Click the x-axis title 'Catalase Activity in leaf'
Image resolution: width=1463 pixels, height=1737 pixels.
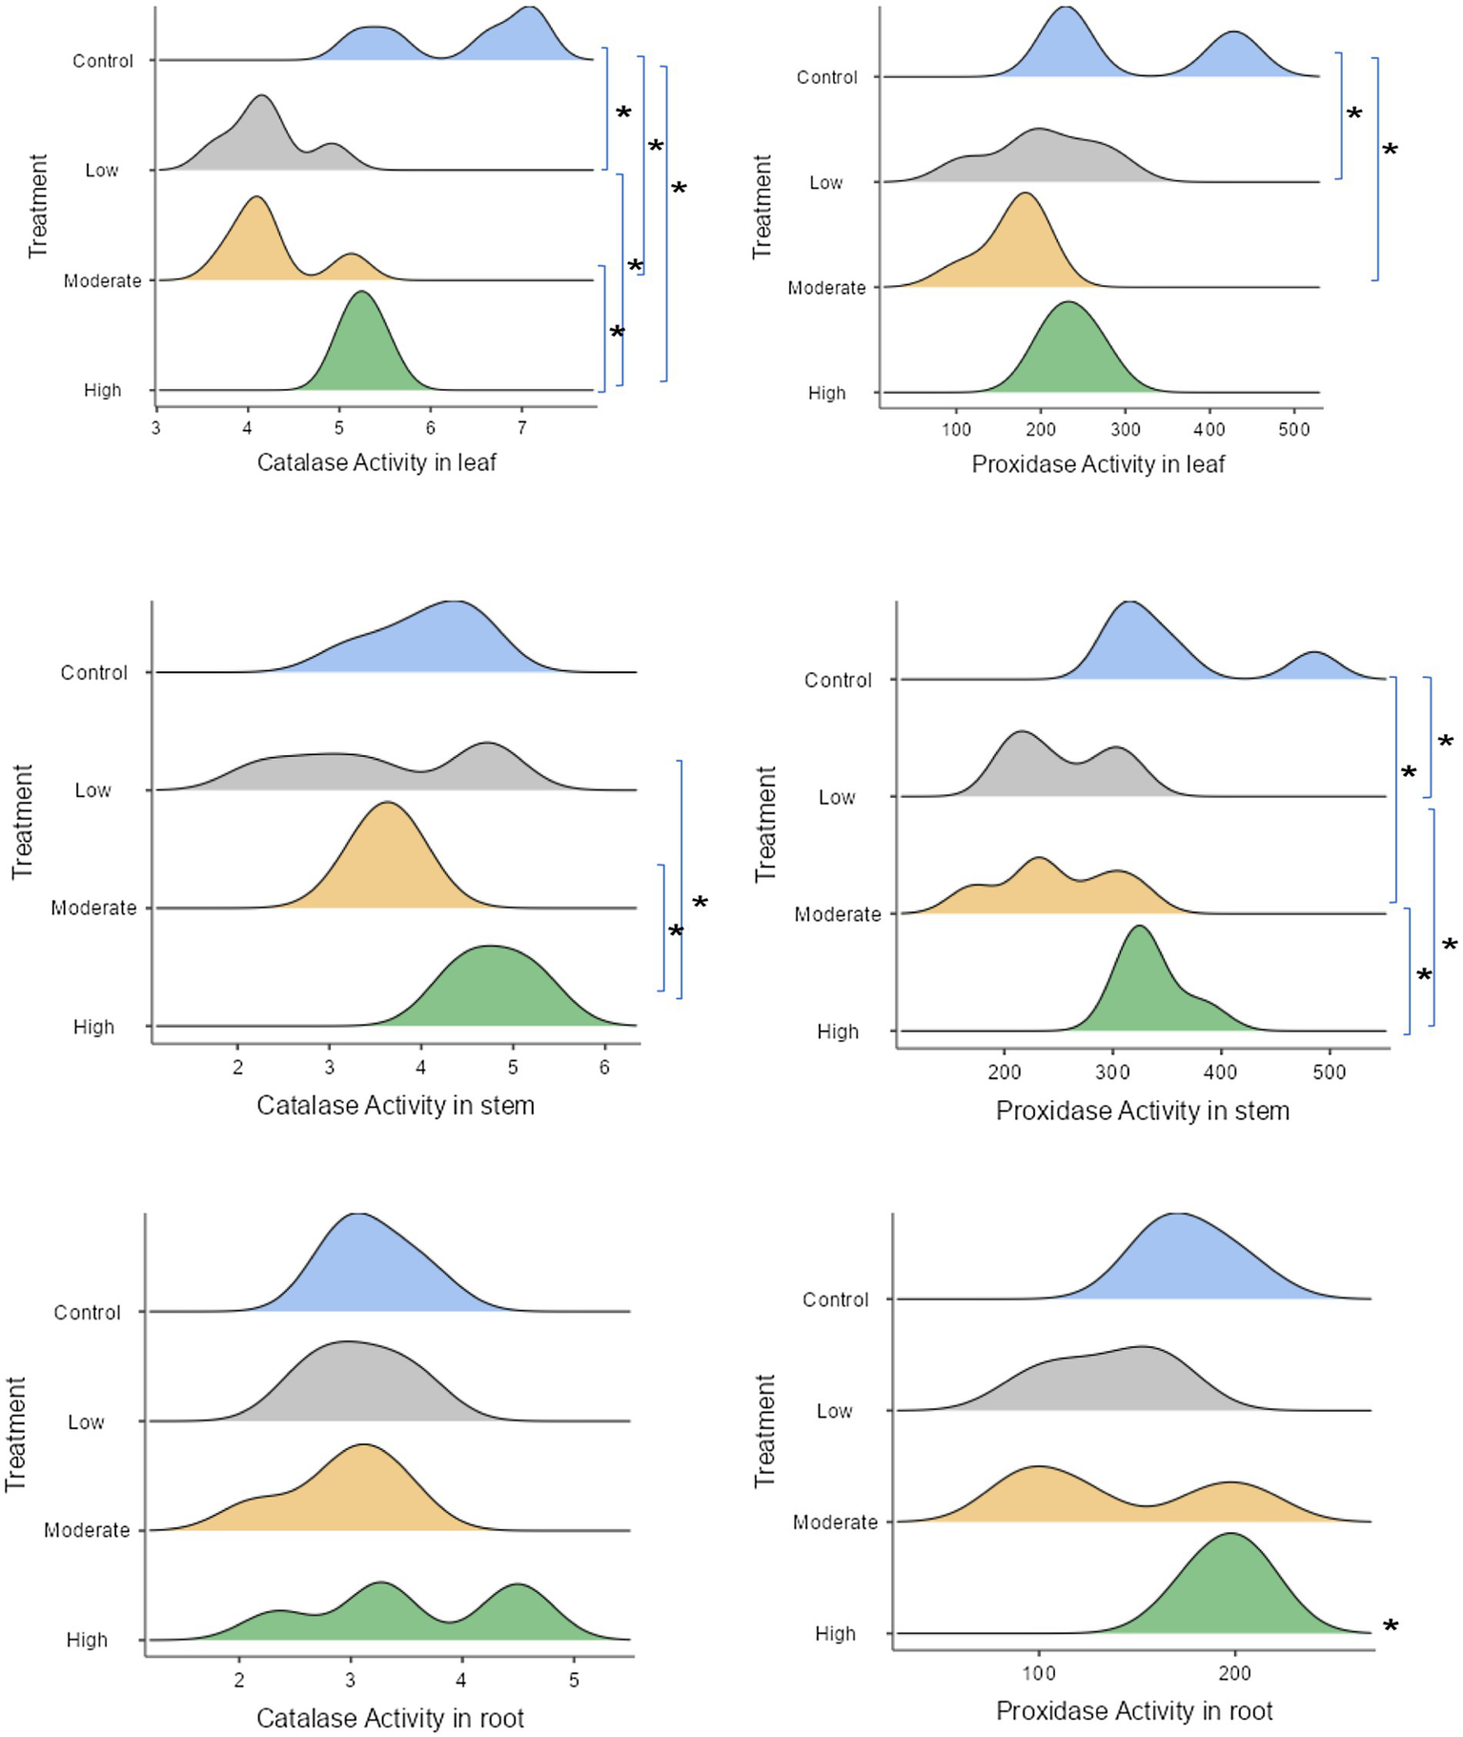tap(376, 462)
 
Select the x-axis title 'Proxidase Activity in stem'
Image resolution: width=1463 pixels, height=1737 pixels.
tap(1142, 1111)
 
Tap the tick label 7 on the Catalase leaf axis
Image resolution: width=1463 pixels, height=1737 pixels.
tap(521, 428)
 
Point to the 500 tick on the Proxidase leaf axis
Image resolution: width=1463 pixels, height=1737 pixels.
tap(1293, 430)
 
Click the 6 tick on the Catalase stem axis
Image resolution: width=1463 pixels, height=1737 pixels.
tap(604, 1067)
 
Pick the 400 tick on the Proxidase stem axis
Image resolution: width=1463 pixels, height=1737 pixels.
tap(1220, 1072)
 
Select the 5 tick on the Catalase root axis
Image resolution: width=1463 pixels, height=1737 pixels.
tap(574, 1680)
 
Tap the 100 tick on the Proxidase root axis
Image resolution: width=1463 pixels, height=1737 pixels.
tap(1039, 1673)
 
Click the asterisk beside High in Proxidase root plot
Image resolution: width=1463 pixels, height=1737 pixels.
tap(1391, 1627)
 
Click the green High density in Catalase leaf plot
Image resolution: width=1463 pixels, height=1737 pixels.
tap(362, 353)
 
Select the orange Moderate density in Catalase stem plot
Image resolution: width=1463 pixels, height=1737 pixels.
tap(386, 868)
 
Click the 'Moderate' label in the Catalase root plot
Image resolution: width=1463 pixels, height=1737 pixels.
tap(87, 1530)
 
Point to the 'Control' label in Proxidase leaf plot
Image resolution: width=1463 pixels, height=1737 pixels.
tap(826, 77)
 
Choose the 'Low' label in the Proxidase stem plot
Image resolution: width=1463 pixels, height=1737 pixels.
tap(836, 797)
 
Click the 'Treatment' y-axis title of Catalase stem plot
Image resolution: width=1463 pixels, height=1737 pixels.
tap(22, 821)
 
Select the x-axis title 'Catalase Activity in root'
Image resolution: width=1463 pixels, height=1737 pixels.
tap(390, 1718)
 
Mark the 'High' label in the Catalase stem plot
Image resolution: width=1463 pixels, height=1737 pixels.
tap(93, 1027)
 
